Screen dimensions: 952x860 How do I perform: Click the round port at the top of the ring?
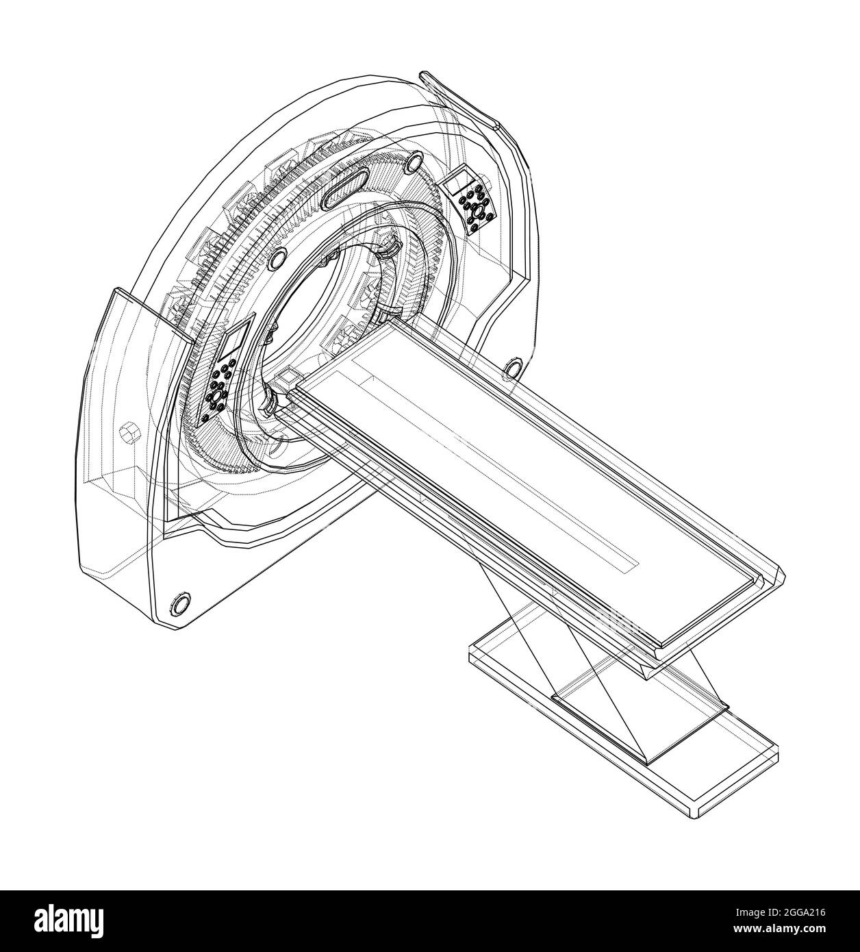[415, 162]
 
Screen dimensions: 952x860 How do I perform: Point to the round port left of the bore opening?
[277, 258]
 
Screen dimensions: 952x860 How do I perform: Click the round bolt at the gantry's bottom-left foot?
[180, 603]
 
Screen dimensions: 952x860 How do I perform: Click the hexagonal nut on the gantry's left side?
[129, 434]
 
